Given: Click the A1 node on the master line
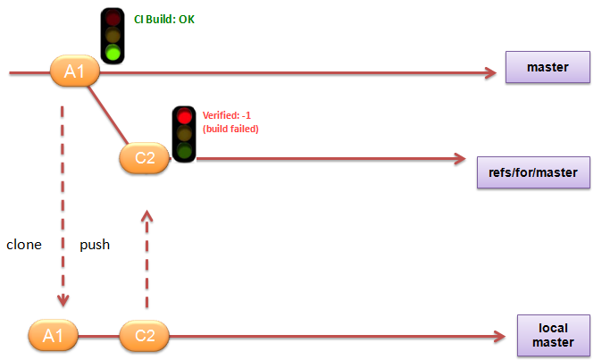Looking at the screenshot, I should [x=74, y=71].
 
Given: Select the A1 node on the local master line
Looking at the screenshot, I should [x=54, y=336].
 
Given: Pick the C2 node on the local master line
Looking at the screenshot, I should [x=144, y=336].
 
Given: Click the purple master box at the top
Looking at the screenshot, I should [x=548, y=67].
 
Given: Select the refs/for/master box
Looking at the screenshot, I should [x=534, y=171].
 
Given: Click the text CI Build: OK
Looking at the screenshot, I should [x=163, y=19].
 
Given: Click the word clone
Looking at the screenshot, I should [x=24, y=244].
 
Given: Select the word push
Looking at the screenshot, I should [x=95, y=244].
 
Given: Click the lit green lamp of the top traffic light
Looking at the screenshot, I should [x=113, y=53].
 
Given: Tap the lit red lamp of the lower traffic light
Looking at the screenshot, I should [x=184, y=116].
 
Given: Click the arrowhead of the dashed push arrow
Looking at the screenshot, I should [x=147, y=215].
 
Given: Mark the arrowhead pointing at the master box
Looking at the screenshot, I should [x=489, y=72].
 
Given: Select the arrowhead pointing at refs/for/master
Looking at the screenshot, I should [x=460, y=159].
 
